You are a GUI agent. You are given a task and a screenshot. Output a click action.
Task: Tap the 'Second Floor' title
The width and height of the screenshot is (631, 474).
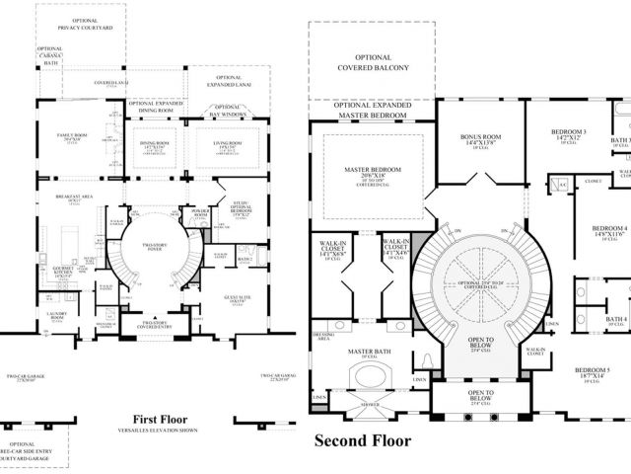(x=362, y=440)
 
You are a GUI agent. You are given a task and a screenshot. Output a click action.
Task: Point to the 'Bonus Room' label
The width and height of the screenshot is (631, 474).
(x=482, y=139)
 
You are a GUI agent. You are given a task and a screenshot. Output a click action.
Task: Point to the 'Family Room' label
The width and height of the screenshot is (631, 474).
(x=73, y=134)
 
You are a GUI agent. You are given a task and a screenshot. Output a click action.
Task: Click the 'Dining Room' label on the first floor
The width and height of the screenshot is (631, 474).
(x=156, y=142)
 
